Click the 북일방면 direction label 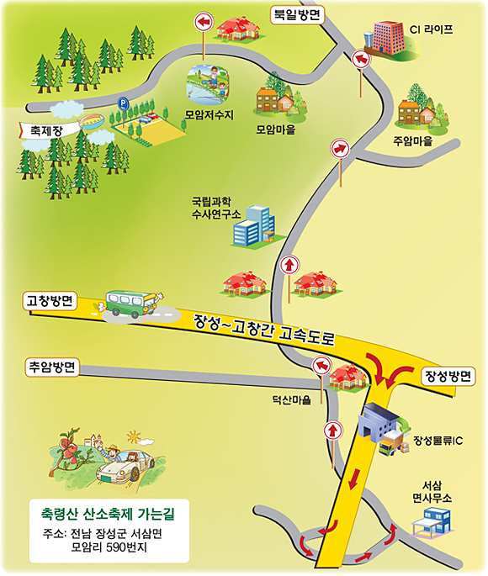click(x=297, y=15)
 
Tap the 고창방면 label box click(x=50, y=301)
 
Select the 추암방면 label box click(x=52, y=367)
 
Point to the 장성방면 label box click(x=448, y=376)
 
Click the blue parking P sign click(x=123, y=103)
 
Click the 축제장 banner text click(x=46, y=131)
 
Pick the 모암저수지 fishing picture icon click(x=208, y=84)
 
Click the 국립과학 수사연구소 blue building click(x=254, y=226)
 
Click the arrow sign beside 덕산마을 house click(x=322, y=366)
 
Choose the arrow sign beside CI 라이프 click(x=361, y=60)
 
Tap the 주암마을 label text click(x=412, y=141)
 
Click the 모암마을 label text click(x=276, y=129)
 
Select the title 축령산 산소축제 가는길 click(x=108, y=514)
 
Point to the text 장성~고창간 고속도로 click(x=264, y=330)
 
